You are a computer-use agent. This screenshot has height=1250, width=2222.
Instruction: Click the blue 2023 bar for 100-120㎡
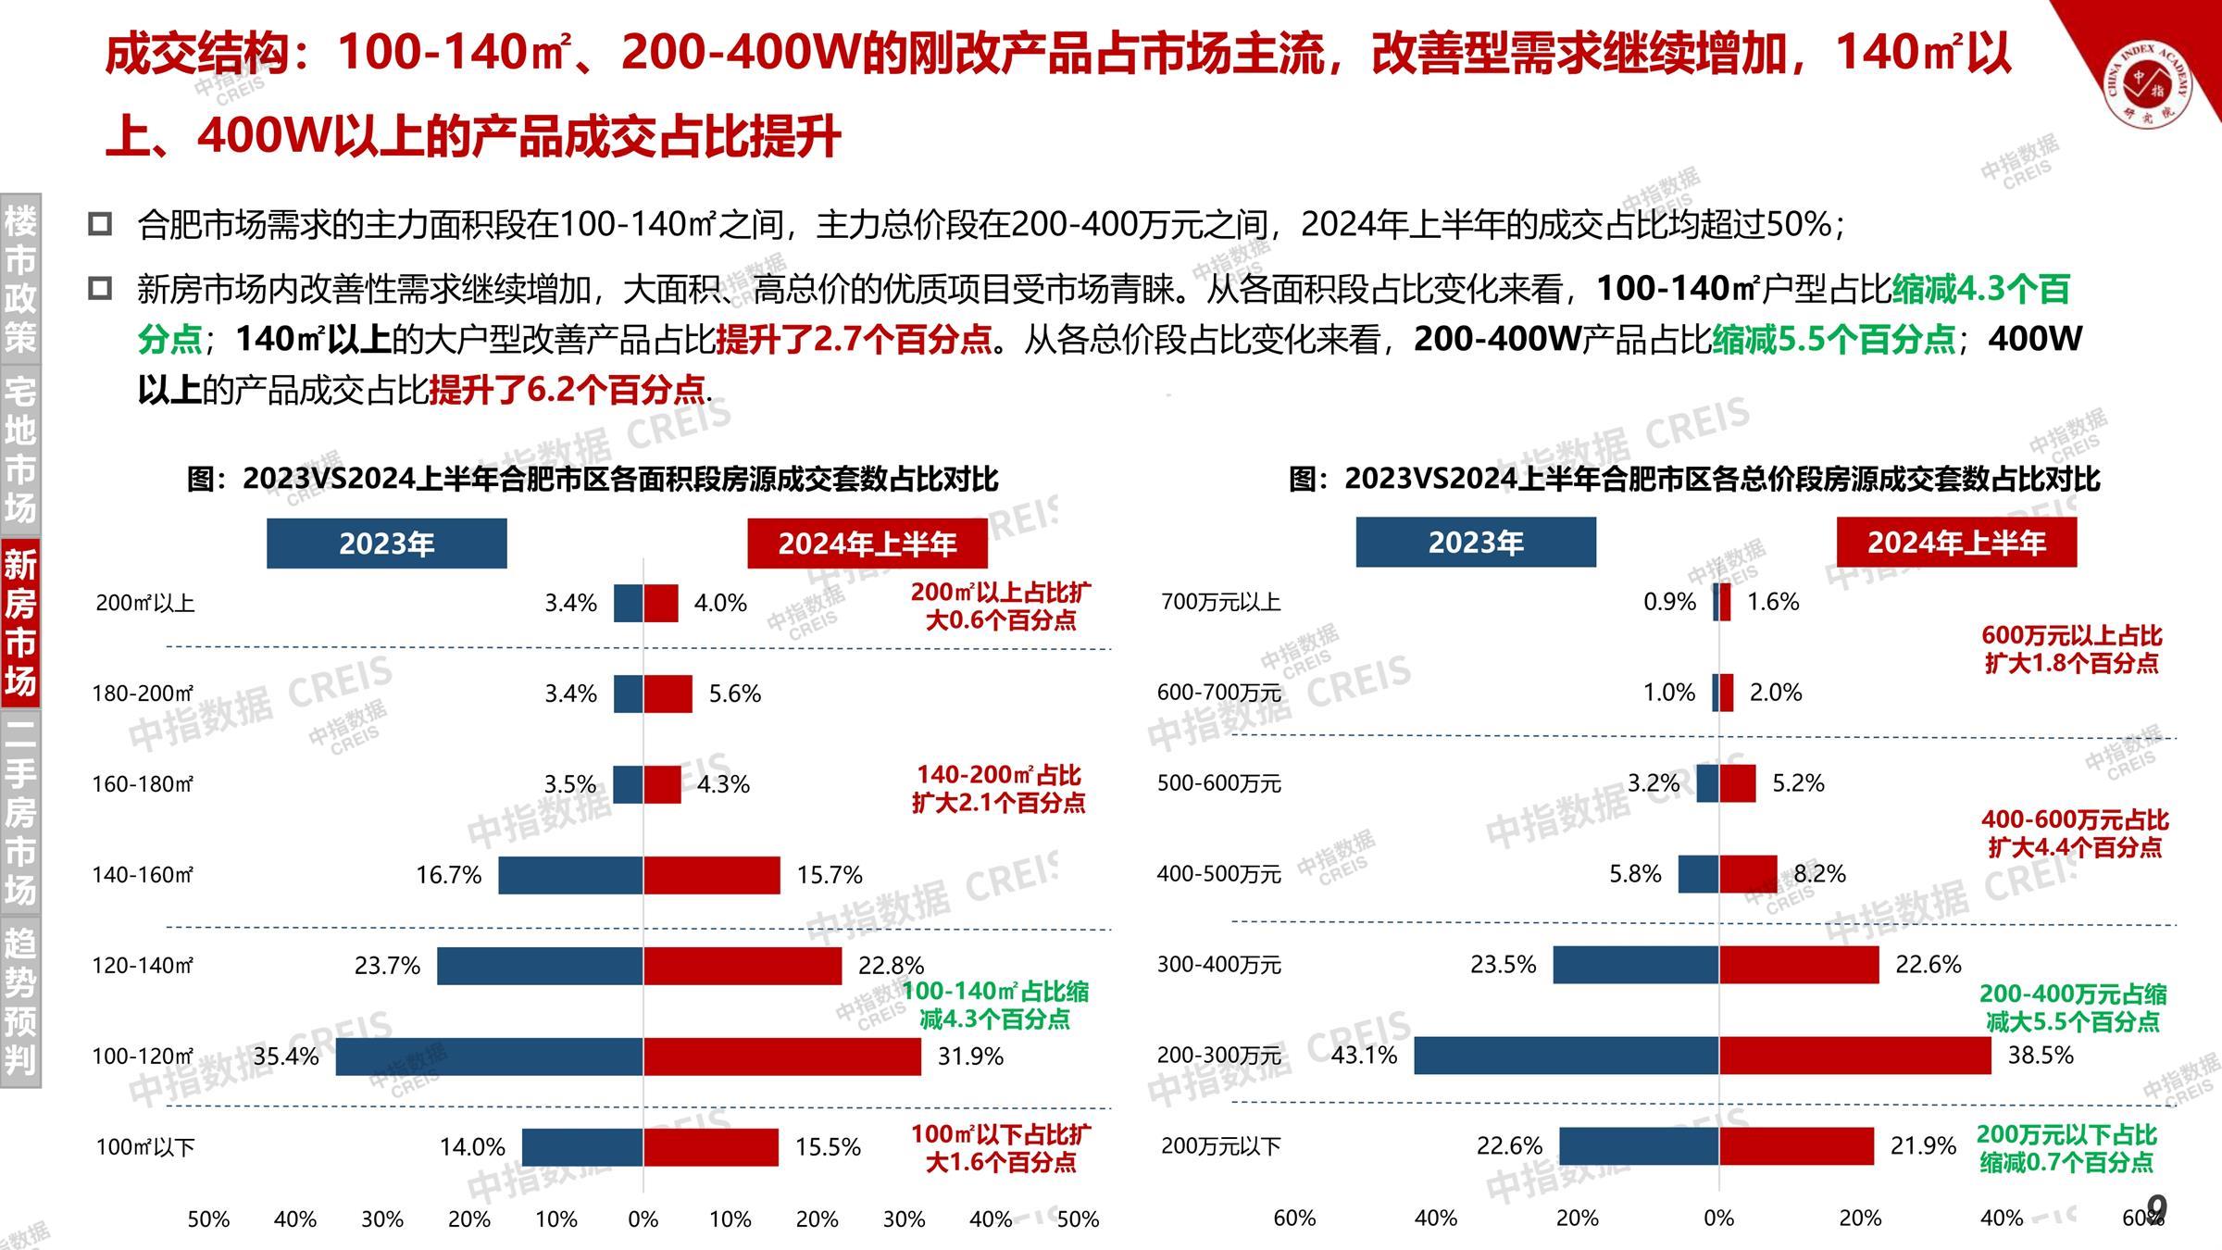click(x=489, y=1056)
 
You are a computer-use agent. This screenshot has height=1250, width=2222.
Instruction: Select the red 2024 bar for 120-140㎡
click(x=743, y=966)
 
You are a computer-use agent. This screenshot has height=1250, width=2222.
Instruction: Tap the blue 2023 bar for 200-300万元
click(x=1567, y=1056)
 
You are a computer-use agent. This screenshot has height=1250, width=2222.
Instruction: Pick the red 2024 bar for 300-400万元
click(x=1799, y=965)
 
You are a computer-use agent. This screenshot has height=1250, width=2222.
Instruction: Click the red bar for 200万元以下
click(x=1796, y=1146)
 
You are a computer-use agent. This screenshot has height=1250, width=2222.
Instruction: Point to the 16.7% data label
click(x=448, y=875)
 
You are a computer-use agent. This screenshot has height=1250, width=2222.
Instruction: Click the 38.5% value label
click(x=2041, y=1056)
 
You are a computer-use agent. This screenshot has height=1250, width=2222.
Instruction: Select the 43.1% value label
click(x=1364, y=1056)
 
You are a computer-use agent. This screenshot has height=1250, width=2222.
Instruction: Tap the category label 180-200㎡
click(x=143, y=694)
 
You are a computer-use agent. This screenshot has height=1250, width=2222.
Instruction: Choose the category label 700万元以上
click(x=1220, y=603)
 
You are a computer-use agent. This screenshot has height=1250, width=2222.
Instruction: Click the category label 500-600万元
click(x=1219, y=784)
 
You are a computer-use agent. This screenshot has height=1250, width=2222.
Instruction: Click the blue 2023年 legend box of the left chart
click(x=386, y=544)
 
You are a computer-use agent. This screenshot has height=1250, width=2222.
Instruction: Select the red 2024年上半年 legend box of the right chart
click(x=1956, y=543)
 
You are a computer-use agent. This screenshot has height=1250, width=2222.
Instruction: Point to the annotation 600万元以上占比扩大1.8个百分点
click(x=2071, y=649)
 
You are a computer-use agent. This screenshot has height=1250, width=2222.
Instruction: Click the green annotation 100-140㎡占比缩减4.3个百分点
click(x=995, y=1006)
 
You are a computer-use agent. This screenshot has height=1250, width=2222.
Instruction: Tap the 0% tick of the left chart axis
click(x=643, y=1219)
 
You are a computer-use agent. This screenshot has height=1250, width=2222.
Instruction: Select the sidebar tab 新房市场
click(x=20, y=623)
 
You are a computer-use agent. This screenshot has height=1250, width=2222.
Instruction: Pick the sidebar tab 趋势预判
click(x=20, y=1001)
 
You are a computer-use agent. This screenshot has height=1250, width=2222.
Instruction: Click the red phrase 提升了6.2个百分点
click(x=567, y=390)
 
